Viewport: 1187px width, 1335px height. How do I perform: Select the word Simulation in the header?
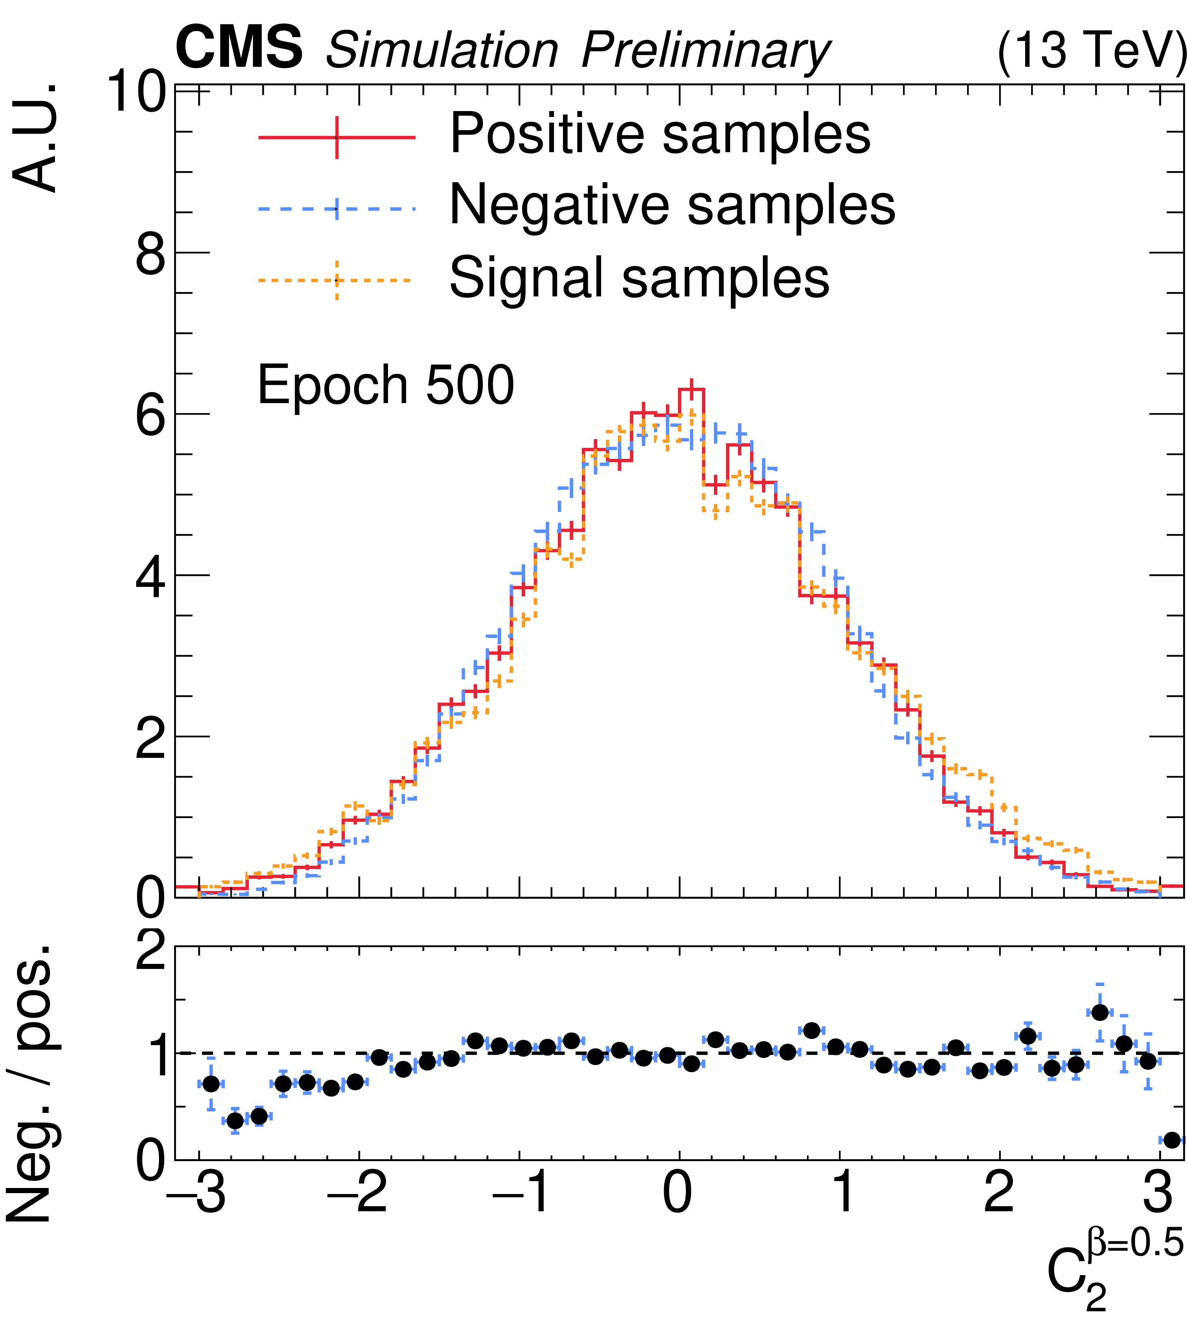[x=442, y=50]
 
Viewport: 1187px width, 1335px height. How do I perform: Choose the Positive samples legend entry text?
[x=659, y=134]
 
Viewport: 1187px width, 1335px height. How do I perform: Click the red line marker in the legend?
[x=337, y=137]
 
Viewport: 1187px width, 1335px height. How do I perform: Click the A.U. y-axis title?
[x=36, y=138]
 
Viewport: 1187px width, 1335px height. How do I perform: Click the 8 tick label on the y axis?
[x=150, y=253]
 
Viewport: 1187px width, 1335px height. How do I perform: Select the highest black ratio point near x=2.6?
[x=1100, y=1013]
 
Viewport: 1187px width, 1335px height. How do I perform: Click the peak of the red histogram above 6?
[x=691, y=389]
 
